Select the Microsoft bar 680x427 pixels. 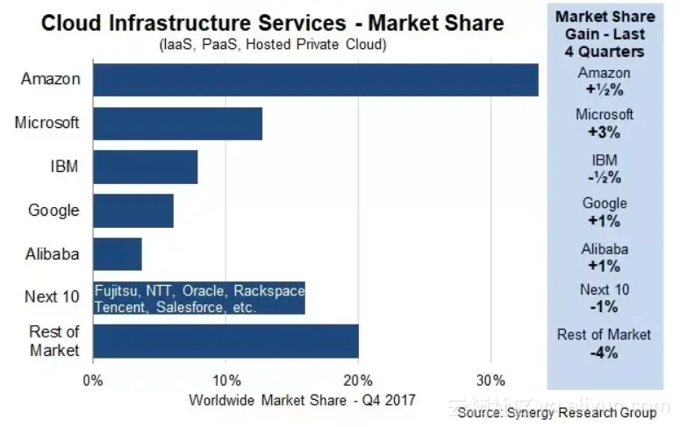[176, 123]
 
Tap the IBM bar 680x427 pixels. [145, 167]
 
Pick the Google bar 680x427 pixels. [132, 210]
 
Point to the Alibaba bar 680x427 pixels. [117, 254]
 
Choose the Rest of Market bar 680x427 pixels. [225, 341]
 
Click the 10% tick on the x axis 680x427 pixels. [226, 381]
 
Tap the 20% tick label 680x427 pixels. [358, 381]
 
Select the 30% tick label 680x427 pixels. [490, 381]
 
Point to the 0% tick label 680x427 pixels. [92, 381]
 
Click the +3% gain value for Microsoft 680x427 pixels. [604, 132]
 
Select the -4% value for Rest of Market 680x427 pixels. [604, 352]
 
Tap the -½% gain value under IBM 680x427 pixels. [604, 177]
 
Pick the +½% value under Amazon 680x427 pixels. [604, 89]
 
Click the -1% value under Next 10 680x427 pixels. [604, 307]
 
